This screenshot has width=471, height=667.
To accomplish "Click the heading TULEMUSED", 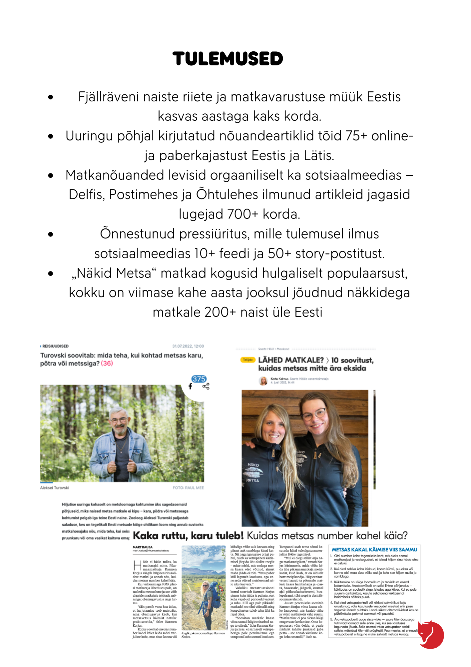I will coord(228,59).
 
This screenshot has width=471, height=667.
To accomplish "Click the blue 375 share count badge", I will coord(199,379).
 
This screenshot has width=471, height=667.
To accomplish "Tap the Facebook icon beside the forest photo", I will coord(190,387).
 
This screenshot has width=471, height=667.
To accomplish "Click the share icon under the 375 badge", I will coord(206,387).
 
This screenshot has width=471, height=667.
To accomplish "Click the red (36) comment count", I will coord(107,364).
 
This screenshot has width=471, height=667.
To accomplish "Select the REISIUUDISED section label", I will coord(55,346).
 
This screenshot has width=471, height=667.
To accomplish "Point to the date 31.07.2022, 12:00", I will coord(188,346).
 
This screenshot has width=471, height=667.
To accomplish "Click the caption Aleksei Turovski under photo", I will coord(55,488).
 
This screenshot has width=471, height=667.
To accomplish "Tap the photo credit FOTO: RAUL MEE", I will coord(188,488).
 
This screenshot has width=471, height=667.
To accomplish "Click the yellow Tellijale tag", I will coord(247,360).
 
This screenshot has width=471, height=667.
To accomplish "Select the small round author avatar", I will coord(263,381).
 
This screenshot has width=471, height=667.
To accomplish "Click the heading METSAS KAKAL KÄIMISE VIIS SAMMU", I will coord(374,550).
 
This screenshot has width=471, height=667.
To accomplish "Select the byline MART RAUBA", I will coord(143,547).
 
